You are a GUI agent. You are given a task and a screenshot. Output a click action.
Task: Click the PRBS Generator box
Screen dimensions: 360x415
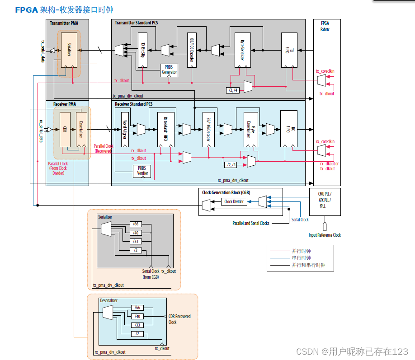(x=169, y=70)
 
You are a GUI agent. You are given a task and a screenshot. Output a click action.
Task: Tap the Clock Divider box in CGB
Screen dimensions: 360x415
(x=234, y=201)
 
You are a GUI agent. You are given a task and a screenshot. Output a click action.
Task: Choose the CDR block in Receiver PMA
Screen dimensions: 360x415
(x=65, y=129)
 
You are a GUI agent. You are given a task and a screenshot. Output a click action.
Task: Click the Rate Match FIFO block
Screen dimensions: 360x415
(x=165, y=129)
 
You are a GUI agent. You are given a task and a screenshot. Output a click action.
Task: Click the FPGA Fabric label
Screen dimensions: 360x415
(x=325, y=26)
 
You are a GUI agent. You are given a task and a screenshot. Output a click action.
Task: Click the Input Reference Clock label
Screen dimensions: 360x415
(x=325, y=235)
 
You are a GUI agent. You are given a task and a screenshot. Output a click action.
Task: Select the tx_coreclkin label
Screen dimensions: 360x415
(x=325, y=71)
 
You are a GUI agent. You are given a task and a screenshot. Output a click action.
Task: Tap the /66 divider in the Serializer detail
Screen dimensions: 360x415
(x=135, y=224)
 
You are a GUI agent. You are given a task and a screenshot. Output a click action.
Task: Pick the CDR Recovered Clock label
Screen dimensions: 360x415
(x=179, y=319)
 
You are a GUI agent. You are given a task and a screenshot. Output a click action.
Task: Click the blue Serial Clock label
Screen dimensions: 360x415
(x=300, y=220)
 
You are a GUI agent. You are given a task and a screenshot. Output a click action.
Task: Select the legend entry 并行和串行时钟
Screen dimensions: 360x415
(x=308, y=265)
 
